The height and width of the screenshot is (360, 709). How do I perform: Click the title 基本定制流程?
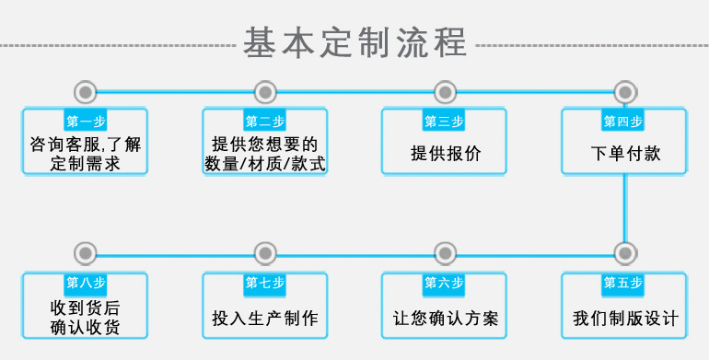point(354,42)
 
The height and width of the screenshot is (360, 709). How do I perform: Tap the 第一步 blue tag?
point(86,122)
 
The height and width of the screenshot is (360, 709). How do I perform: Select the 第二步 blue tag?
point(265,122)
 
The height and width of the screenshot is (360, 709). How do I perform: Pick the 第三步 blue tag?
point(444,122)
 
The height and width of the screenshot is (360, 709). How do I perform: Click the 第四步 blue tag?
point(623,122)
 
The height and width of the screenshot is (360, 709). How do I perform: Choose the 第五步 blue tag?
point(623,283)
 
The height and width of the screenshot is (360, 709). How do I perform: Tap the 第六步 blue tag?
point(444,283)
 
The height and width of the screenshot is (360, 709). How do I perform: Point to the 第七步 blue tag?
point(265,283)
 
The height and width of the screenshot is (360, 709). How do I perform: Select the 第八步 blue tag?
point(86,283)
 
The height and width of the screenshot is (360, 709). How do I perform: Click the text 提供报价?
point(445,154)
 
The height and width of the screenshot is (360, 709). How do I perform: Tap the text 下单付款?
point(625,154)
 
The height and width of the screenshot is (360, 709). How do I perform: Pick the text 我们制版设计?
point(625,319)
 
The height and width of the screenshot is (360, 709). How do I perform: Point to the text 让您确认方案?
point(446,319)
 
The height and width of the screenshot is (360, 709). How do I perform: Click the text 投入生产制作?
point(265,319)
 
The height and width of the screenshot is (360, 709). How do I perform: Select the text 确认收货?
point(86,328)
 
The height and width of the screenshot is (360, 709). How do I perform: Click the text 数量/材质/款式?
point(265,164)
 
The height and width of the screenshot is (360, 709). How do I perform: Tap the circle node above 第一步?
point(86,91)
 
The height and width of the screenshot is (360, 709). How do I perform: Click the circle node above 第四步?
point(624,91)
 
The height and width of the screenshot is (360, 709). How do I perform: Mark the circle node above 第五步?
point(624,252)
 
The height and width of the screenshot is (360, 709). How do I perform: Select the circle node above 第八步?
point(86,252)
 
